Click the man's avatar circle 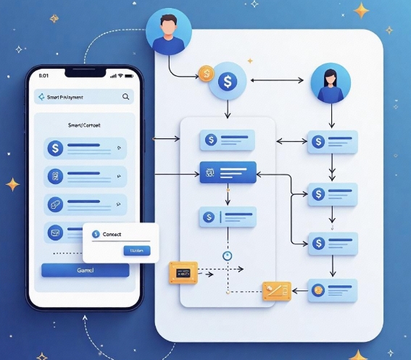tap(168, 33)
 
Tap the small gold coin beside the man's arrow tap(206, 73)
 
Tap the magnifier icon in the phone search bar tap(126, 97)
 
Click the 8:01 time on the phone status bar tap(43, 75)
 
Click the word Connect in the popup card tap(112, 235)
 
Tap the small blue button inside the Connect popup tap(136, 251)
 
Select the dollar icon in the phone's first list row tap(54, 148)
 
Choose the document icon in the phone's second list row tap(54, 176)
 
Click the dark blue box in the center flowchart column tap(228, 172)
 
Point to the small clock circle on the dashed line tap(227, 255)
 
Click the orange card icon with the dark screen tap(182, 272)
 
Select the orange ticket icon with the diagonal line tap(276, 290)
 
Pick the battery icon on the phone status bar tap(128, 75)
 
